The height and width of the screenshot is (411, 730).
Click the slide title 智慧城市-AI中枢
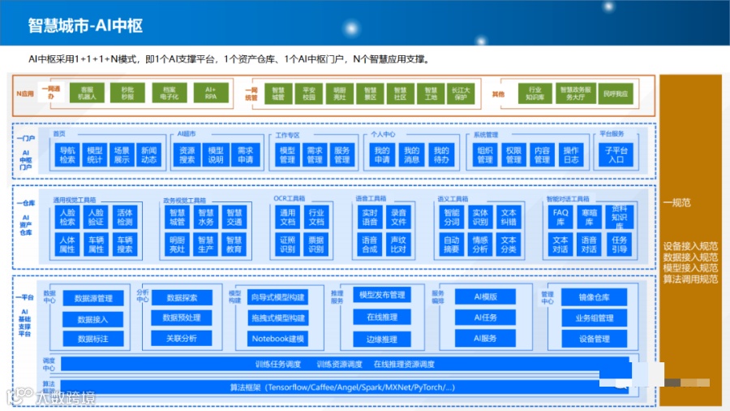(x=84, y=25)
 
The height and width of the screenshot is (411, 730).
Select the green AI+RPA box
(x=211, y=93)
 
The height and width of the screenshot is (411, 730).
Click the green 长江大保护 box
(x=461, y=93)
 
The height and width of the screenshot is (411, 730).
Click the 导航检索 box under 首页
(x=67, y=154)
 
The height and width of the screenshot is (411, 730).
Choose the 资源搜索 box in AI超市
(x=187, y=154)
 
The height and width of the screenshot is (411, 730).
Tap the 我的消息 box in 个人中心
(x=411, y=154)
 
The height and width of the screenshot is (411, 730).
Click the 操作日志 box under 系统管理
(x=571, y=154)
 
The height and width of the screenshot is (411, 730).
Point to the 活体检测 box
(x=124, y=216)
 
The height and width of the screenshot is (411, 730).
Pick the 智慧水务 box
(x=206, y=216)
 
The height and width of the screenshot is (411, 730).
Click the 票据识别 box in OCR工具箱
(x=316, y=244)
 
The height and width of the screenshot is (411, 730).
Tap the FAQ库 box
(x=560, y=216)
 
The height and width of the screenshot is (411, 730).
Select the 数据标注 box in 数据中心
(x=93, y=339)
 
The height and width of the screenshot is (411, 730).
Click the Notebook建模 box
(x=277, y=339)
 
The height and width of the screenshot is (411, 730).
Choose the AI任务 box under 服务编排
(x=485, y=318)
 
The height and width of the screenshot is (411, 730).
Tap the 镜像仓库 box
(x=595, y=297)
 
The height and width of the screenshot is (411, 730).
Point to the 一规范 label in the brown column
(x=676, y=203)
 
